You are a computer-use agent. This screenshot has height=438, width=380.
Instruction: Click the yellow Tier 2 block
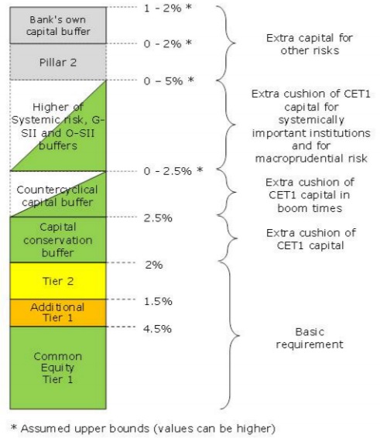[x=58, y=281]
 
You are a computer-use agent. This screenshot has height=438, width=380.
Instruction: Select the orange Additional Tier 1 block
[x=58, y=313]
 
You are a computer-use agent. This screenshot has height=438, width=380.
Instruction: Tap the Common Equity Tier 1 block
[x=58, y=368]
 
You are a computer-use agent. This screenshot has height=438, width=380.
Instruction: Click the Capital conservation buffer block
[x=58, y=240]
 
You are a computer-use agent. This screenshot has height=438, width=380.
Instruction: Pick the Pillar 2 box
[x=58, y=62]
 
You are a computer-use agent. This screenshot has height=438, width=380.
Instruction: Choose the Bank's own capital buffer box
[x=58, y=26]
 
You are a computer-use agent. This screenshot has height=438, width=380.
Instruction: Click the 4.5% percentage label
[x=157, y=329]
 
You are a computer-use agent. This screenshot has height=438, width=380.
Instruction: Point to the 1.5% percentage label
[x=158, y=301]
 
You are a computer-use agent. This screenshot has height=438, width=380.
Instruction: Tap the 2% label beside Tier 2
[x=154, y=265]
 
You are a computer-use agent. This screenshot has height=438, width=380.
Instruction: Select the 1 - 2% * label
[x=168, y=8]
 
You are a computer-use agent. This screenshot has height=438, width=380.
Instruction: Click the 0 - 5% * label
[x=169, y=80]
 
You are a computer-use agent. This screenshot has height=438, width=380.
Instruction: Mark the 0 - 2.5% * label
[x=173, y=171]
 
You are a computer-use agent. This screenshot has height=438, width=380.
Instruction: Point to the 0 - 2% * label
[x=168, y=43]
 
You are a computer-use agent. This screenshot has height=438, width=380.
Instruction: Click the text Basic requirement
[x=310, y=338]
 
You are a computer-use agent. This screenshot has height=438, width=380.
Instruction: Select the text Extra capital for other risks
[x=310, y=44]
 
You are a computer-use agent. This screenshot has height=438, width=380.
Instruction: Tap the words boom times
[x=310, y=208]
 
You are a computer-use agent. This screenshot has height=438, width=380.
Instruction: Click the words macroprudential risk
[x=311, y=159]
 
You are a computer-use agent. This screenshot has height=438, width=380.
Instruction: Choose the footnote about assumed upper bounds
[x=142, y=428]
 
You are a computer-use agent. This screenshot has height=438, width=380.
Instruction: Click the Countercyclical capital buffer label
[x=57, y=196]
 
